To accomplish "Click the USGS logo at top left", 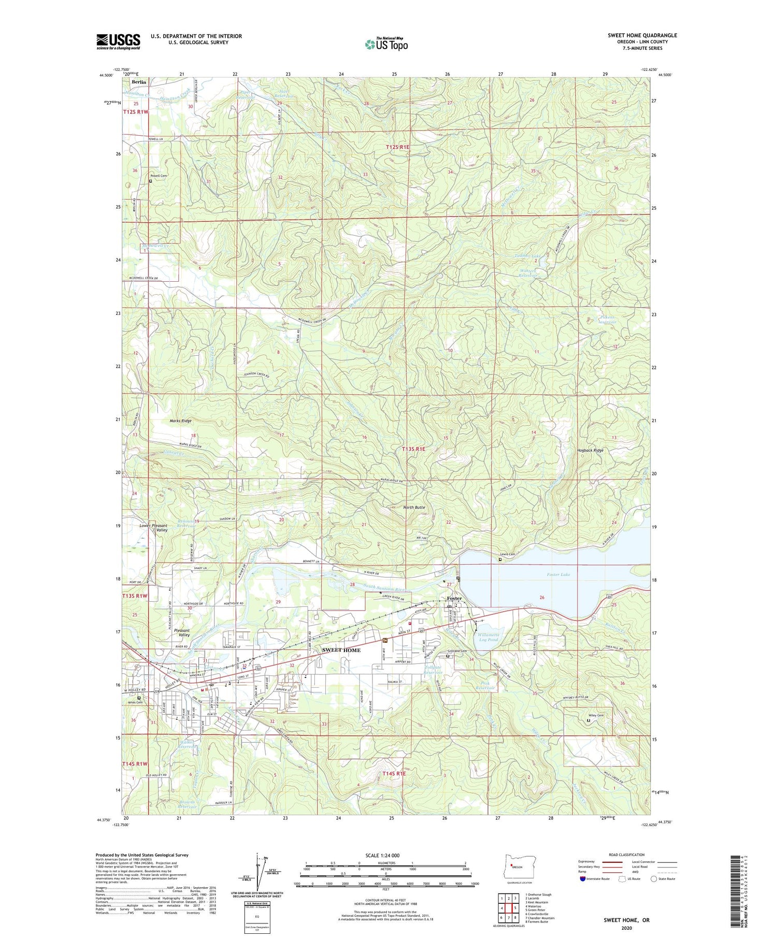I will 118,41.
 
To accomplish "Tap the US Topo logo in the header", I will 386,44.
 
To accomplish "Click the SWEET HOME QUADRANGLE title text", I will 642,35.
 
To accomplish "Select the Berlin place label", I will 139,82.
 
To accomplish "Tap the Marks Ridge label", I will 166,421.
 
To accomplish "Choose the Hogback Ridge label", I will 590,450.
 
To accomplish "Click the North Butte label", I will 414,507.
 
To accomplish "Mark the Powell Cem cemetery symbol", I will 151,181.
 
